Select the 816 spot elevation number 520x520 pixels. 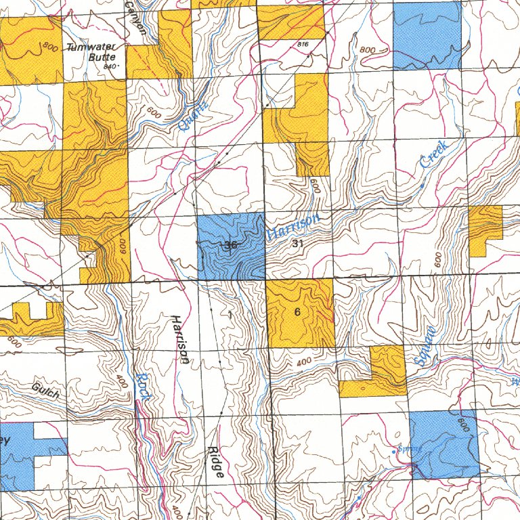click(x=302, y=44)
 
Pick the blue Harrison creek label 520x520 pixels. click(x=292, y=226)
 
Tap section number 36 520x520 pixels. click(x=230, y=245)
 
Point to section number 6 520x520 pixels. click(x=297, y=312)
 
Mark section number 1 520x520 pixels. click(x=230, y=314)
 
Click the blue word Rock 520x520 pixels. click(x=142, y=387)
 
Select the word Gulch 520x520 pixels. click(x=45, y=390)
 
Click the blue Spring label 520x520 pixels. click(x=410, y=448)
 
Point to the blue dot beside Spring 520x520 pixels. click(x=395, y=450)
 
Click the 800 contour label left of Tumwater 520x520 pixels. click(x=49, y=47)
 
